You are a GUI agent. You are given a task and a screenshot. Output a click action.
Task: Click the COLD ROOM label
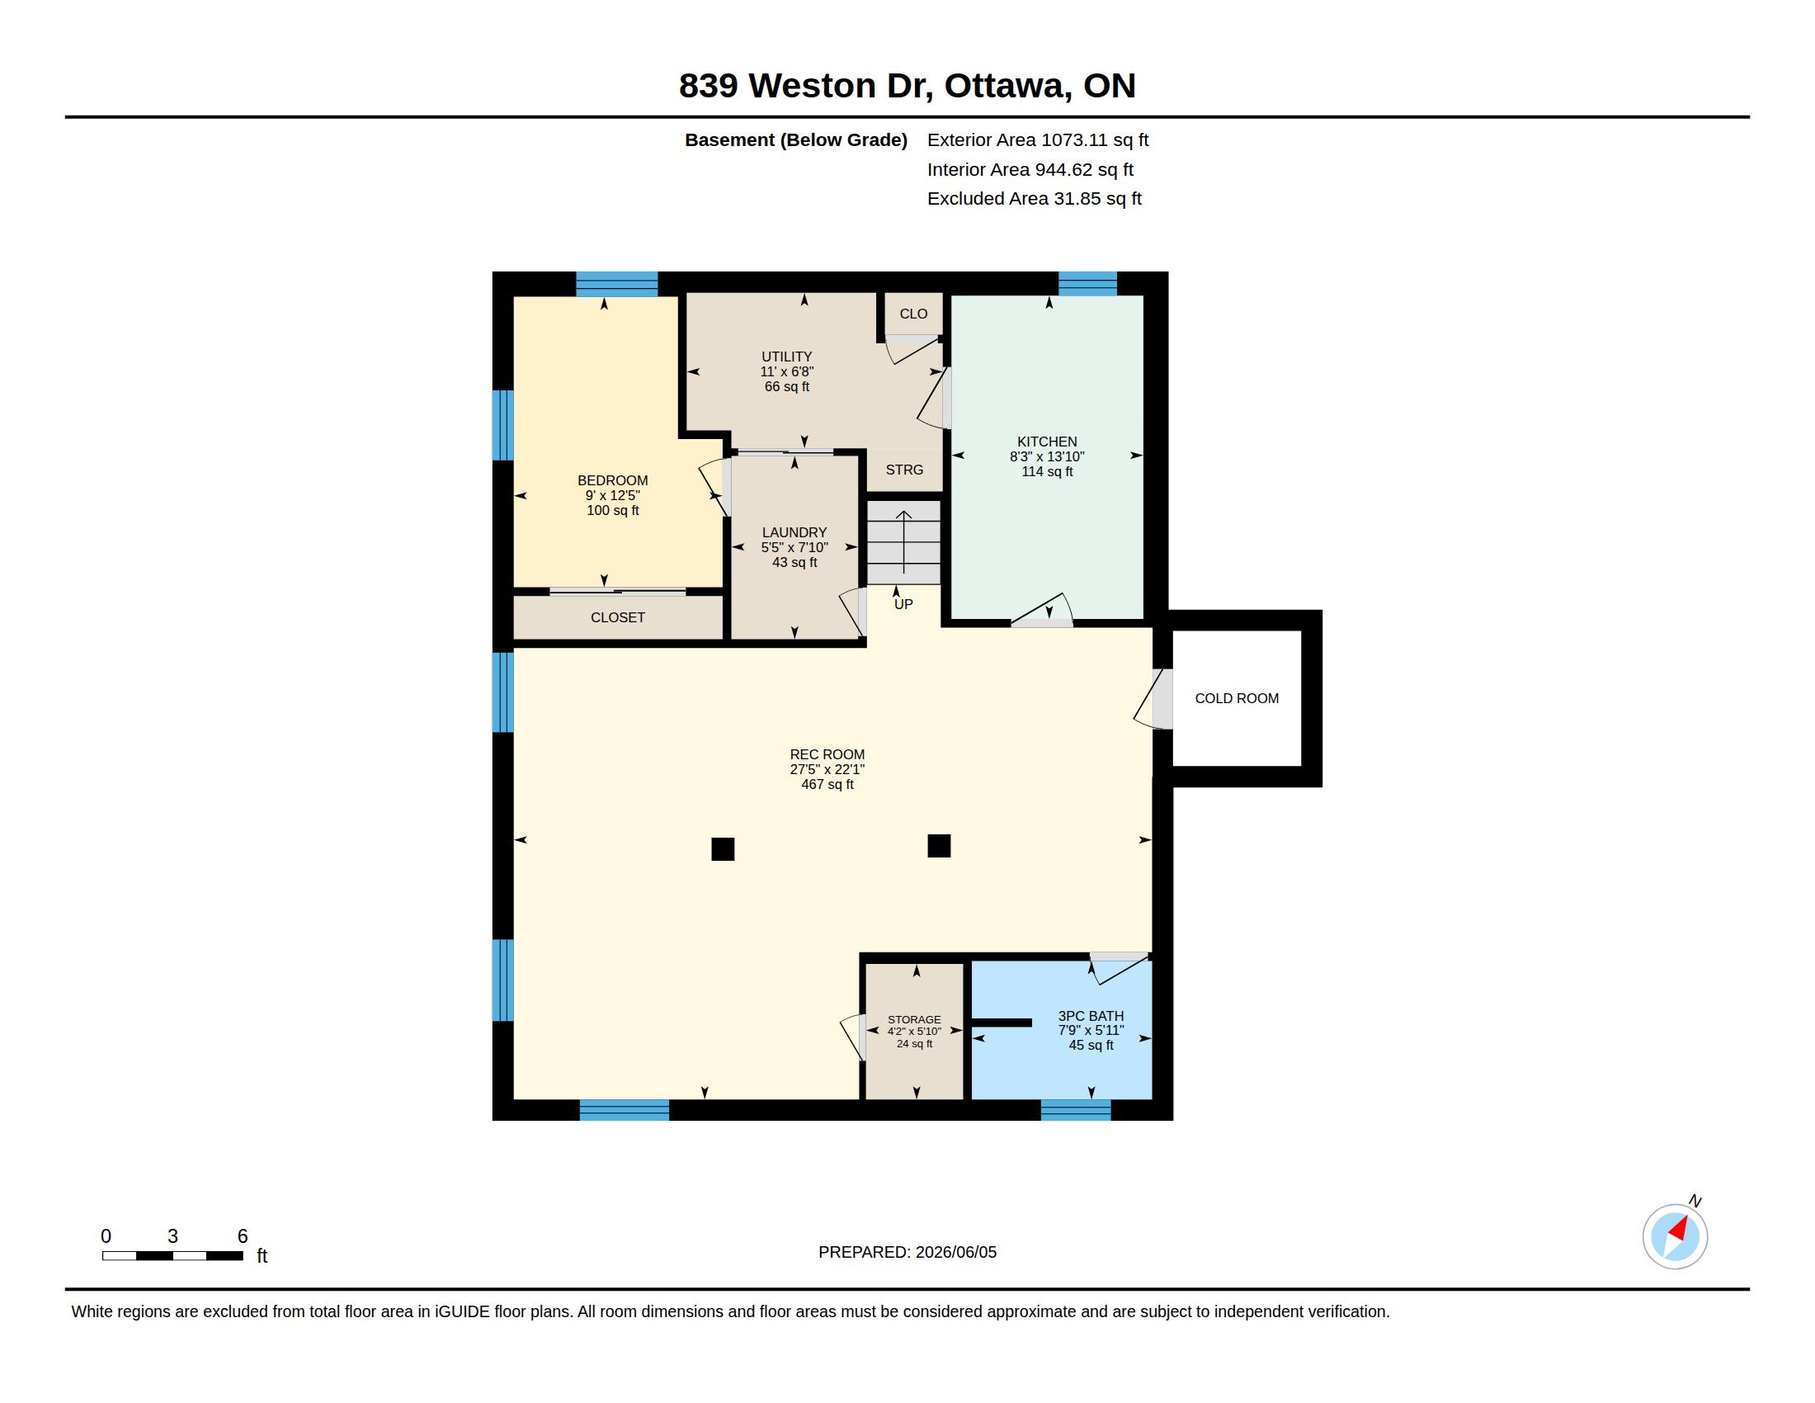coord(1237,698)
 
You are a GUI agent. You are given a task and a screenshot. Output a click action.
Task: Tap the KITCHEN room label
coord(1047,442)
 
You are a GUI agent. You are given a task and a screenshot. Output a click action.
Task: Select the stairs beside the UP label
coord(904,542)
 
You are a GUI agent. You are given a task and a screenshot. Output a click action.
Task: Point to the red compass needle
coord(1679,1229)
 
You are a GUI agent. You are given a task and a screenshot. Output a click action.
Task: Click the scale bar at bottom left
coord(173,1255)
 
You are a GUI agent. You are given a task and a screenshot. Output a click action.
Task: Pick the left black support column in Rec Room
coord(723,848)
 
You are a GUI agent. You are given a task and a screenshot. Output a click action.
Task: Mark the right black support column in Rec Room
coord(939,845)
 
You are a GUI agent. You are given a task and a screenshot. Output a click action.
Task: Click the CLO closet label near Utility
coord(913,314)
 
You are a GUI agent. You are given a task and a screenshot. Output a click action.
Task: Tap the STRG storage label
coord(904,470)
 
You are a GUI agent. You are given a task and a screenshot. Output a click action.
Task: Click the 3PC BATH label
coord(1091,1016)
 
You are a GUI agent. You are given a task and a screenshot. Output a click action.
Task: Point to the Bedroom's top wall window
coord(616,284)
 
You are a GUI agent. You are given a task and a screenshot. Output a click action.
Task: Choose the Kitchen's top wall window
coord(1088,283)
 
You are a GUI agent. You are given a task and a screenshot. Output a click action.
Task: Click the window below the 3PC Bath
coord(1076,1109)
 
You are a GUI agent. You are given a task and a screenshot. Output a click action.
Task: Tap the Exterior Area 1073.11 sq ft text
coord(1038,139)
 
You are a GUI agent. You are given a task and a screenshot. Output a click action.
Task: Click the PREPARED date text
coord(907,1252)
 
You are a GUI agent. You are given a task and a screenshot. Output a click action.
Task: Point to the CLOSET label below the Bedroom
coord(617,617)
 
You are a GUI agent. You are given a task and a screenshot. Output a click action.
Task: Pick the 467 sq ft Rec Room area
coord(827,784)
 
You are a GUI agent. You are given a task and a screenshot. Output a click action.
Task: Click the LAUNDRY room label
coord(794,532)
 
